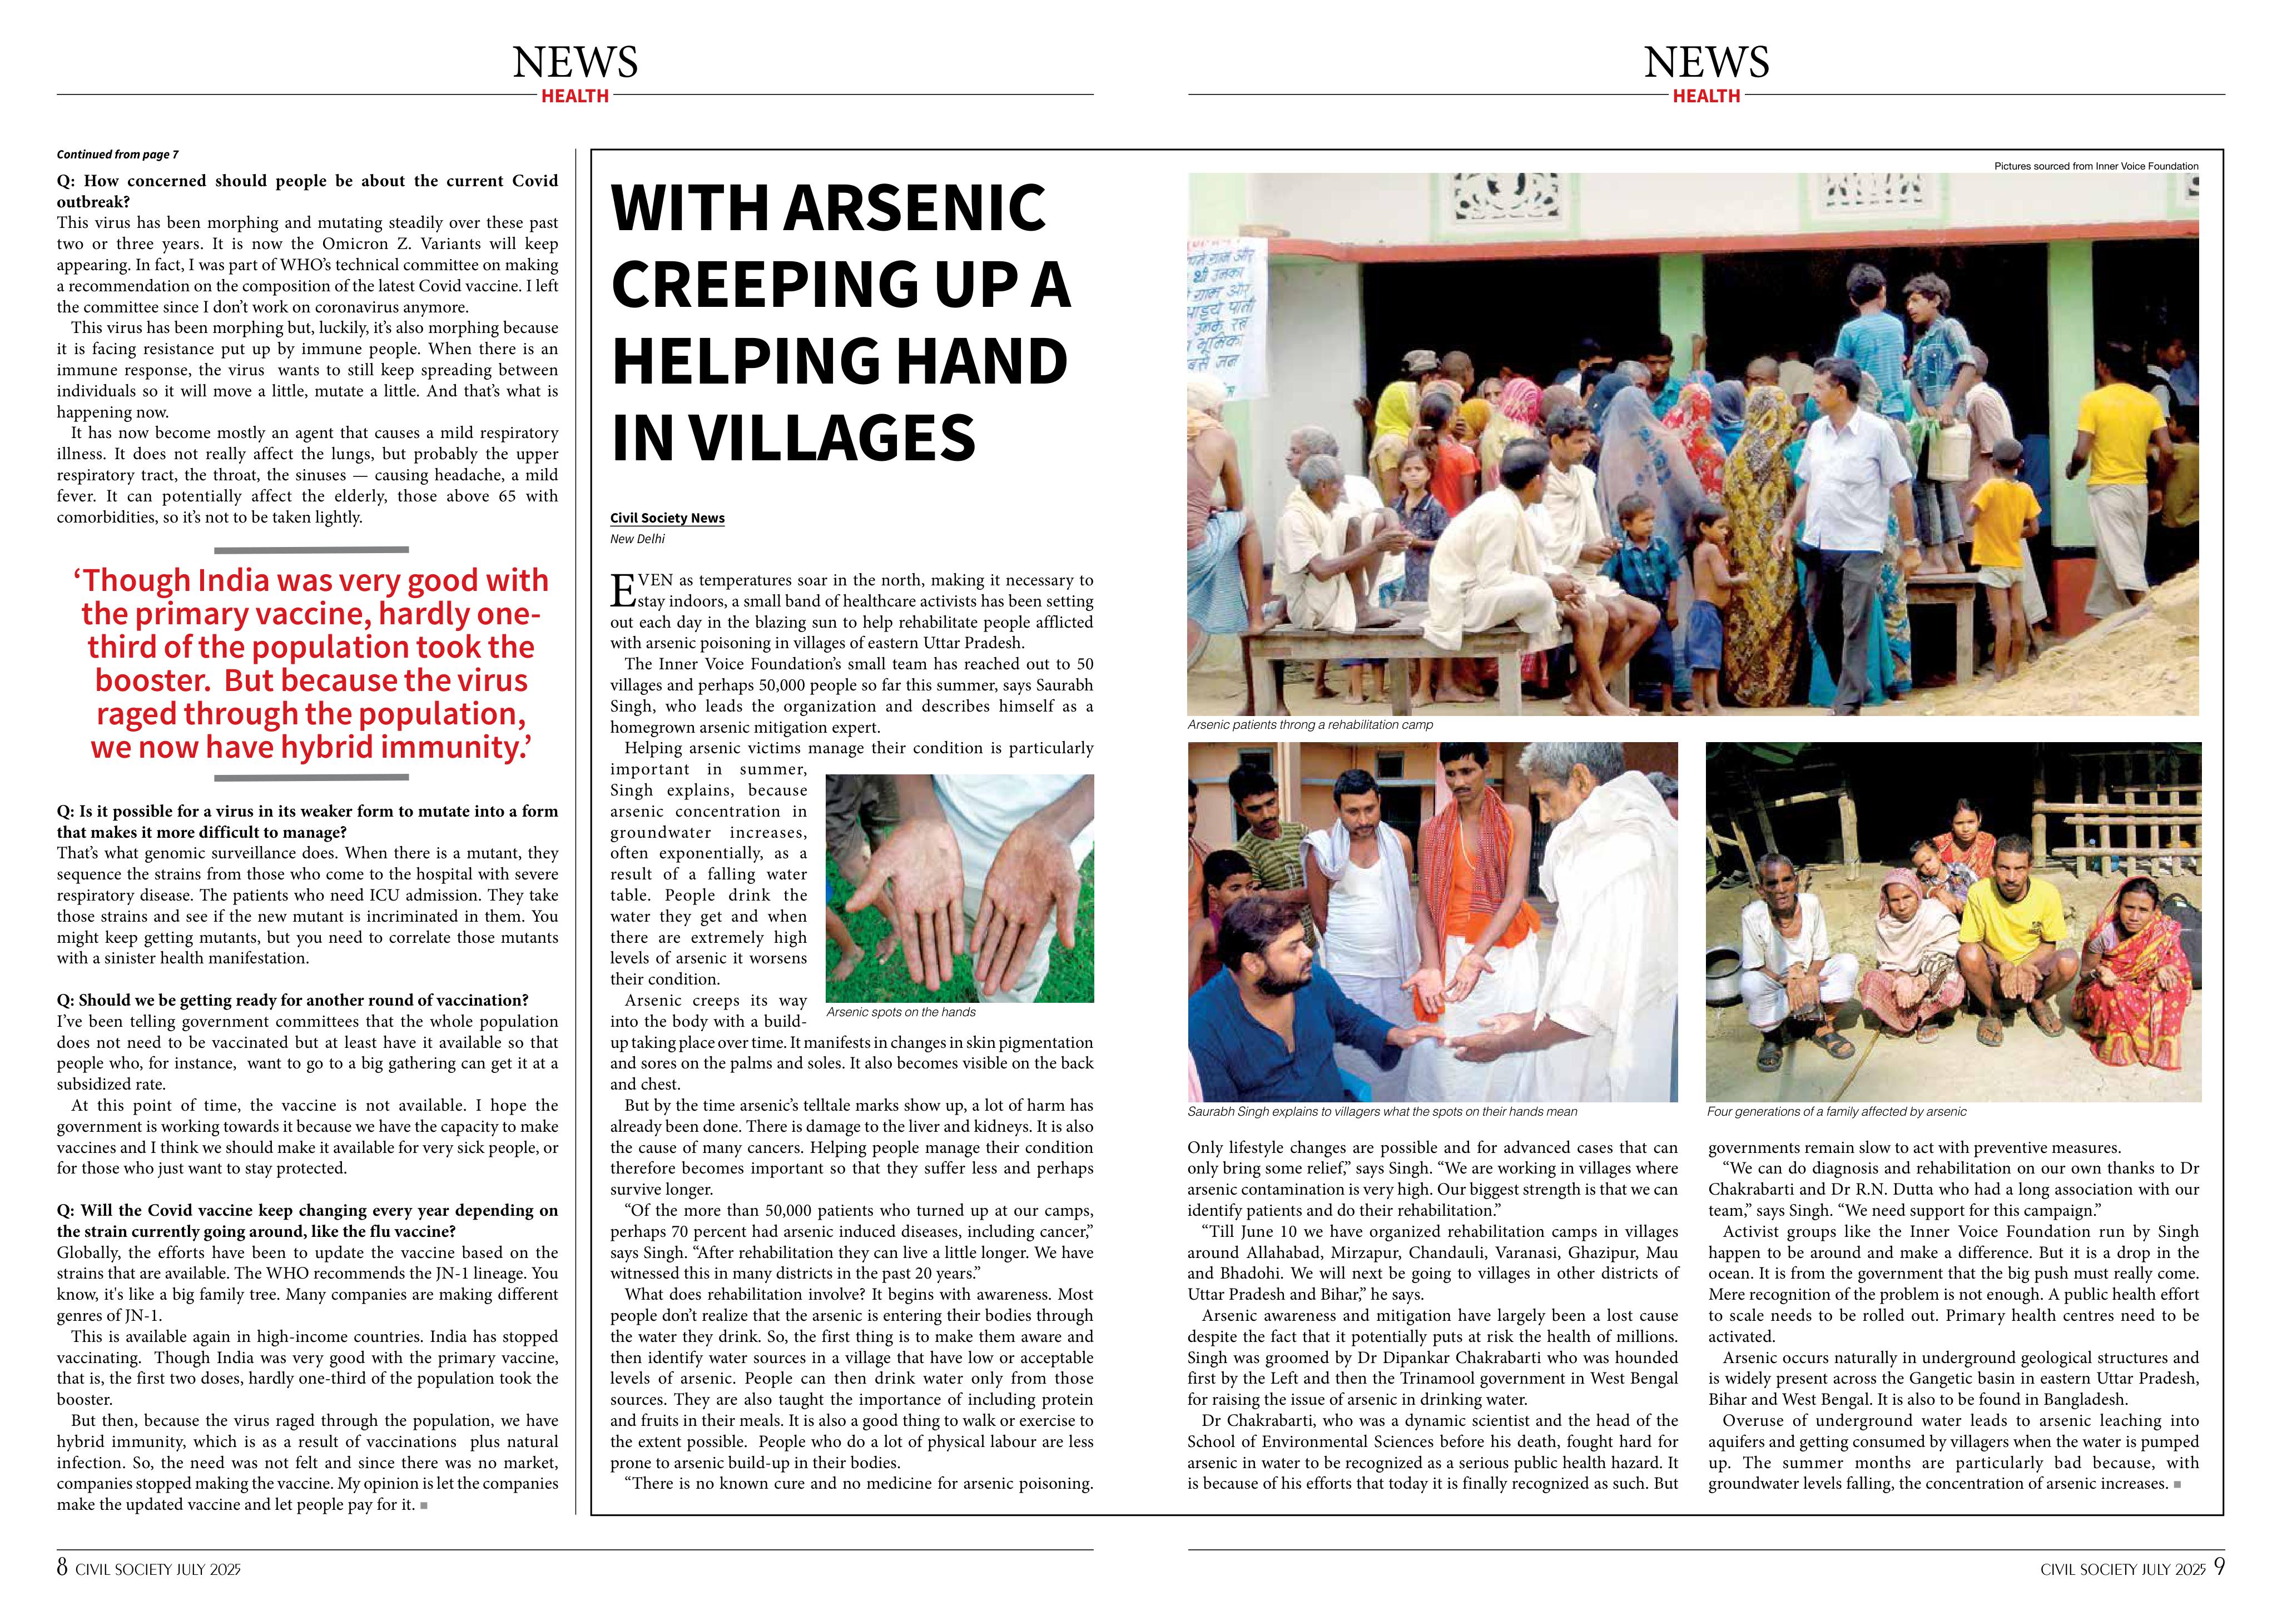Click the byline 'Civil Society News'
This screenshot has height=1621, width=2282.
click(x=667, y=518)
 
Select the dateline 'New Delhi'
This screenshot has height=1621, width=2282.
click(x=637, y=539)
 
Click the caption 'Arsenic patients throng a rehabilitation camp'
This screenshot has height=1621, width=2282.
click(x=1309, y=725)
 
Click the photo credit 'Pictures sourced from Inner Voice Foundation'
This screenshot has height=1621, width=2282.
click(x=2095, y=166)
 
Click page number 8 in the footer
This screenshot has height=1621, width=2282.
click(x=62, y=1567)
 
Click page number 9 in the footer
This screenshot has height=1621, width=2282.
click(x=2218, y=1567)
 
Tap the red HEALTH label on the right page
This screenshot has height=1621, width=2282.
click(x=1706, y=96)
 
